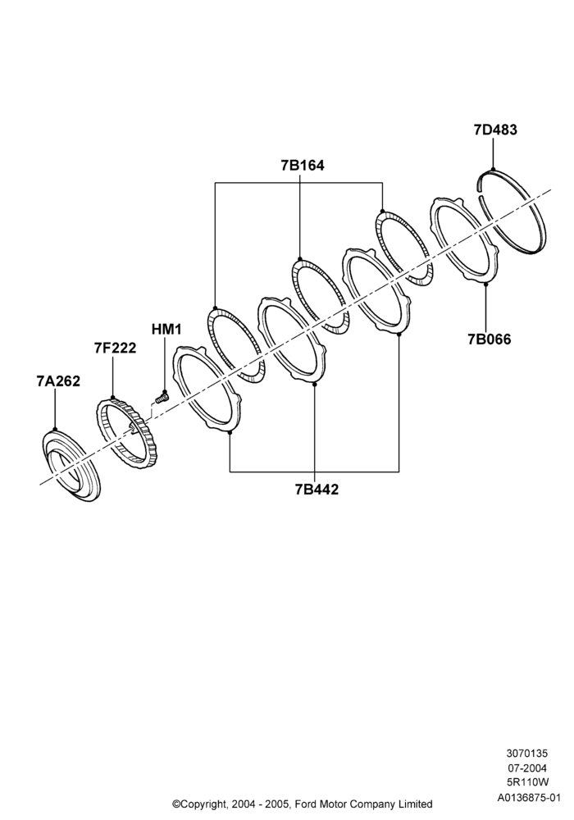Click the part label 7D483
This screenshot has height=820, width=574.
coord(495,130)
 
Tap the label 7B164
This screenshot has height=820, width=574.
coord(302,166)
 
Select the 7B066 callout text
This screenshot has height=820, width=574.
coord(490,339)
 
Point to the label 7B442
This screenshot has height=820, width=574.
coord(317,490)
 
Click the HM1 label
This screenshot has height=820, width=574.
coord(166,330)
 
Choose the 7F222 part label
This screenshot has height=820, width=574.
coord(115,348)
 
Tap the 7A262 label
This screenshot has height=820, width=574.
coord(58,381)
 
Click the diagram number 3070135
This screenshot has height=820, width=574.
coord(526,754)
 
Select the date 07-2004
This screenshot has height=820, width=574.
coord(527,768)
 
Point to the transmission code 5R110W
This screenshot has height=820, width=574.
coord(528,783)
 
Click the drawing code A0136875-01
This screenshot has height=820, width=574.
coord(529,798)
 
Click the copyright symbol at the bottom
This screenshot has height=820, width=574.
coord(176,804)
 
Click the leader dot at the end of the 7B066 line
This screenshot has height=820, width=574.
coord(485,284)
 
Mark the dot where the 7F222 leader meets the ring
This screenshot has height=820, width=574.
coord(112,399)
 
